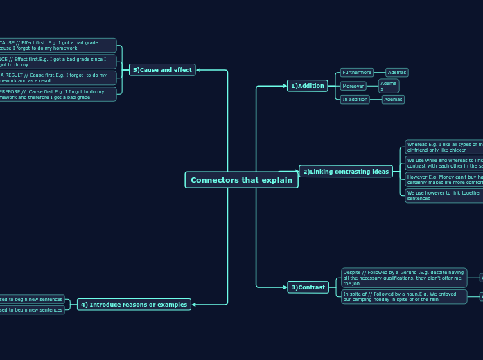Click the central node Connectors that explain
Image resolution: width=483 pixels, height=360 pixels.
(241, 180)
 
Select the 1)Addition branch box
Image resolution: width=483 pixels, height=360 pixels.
(308, 86)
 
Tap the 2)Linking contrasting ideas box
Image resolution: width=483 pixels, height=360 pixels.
(346, 172)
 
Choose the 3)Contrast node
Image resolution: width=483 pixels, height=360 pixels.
(308, 287)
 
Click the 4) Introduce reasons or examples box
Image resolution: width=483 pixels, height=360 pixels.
(134, 305)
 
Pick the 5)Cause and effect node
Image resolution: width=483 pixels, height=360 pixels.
(162, 70)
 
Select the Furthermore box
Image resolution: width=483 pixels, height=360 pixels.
(356, 73)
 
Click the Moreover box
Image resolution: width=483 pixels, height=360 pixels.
(353, 87)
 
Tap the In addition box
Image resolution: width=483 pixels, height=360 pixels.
(355, 100)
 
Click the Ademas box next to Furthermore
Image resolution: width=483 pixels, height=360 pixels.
(396, 73)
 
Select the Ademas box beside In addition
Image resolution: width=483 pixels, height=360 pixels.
(393, 100)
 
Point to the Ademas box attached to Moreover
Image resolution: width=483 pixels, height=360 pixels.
(389, 87)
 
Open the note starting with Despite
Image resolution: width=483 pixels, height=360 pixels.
(404, 278)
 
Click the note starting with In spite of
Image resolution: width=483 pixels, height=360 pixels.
(404, 296)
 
